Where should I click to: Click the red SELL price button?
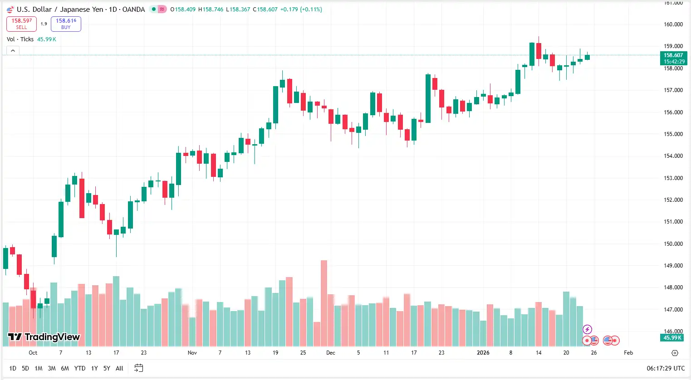[21, 24]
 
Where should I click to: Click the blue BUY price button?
[66, 24]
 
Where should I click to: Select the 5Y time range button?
[107, 368]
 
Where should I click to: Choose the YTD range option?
[80, 368]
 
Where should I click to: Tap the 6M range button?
[65, 368]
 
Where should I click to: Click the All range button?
[119, 368]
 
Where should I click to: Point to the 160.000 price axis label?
[673, 24]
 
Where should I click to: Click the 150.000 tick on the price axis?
[673, 244]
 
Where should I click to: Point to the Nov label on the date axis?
[192, 352]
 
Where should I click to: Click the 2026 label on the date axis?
[483, 352]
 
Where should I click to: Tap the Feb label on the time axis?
[628, 352]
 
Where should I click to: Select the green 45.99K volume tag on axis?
[672, 337]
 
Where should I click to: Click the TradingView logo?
[44, 337]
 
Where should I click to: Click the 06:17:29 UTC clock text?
[666, 368]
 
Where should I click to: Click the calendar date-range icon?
[139, 368]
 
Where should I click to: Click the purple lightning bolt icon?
[587, 329]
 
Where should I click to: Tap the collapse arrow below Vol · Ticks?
[13, 50]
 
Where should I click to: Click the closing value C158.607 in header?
[265, 9]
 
